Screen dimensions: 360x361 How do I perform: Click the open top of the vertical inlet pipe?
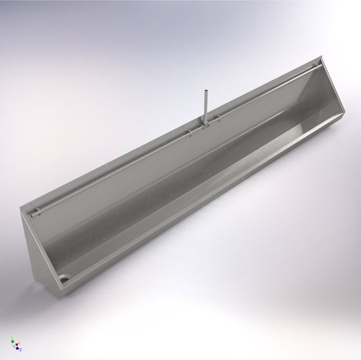[x=203, y=89]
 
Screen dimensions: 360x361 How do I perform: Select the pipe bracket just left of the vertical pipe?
[x=190, y=131]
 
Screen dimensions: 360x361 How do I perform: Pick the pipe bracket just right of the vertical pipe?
[x=217, y=118]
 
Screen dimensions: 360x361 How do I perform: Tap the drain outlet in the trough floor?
[x=64, y=278]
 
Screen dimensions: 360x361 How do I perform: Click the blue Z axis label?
[x=20, y=350]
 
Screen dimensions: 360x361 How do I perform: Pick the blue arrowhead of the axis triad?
[x=18, y=348]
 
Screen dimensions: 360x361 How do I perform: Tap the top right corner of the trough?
[x=323, y=58]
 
